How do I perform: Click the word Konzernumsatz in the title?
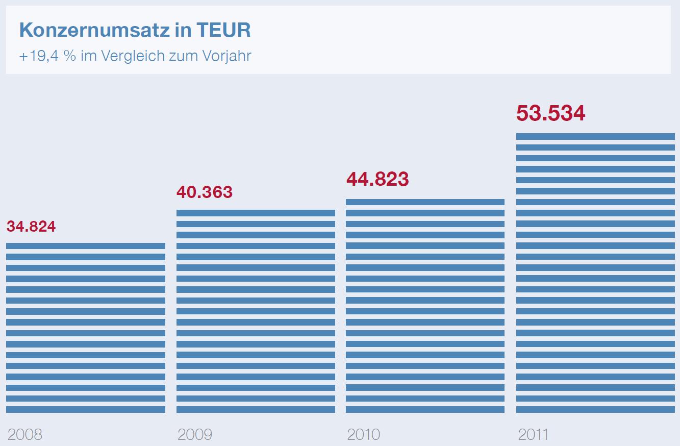(x=94, y=31)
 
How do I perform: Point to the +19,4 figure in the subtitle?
(x=40, y=56)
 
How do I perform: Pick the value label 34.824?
(x=31, y=226)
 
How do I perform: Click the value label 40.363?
(x=204, y=192)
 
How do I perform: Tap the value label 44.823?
(x=377, y=179)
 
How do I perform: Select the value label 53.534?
(x=550, y=113)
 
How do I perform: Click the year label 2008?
(x=25, y=435)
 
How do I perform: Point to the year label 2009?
(x=194, y=435)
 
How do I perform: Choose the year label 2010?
(x=363, y=435)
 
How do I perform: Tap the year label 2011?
(x=533, y=435)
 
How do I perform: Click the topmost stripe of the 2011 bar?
(x=595, y=136)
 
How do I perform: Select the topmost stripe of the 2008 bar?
(x=86, y=246)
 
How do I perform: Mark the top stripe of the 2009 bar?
(x=256, y=213)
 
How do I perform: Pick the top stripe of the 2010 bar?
(x=425, y=202)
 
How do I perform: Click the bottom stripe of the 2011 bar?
(x=595, y=409)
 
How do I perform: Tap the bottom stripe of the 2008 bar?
(x=86, y=409)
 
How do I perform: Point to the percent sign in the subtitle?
(x=70, y=56)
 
